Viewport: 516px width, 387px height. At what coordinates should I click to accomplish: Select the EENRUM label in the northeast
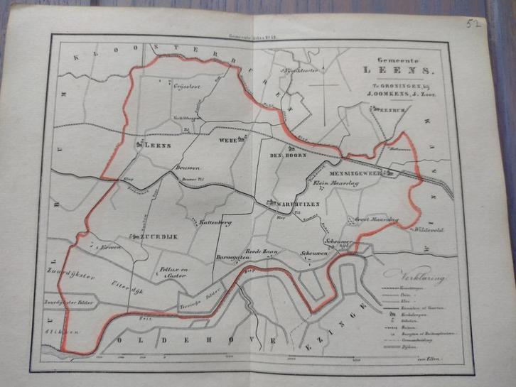[392, 111]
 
